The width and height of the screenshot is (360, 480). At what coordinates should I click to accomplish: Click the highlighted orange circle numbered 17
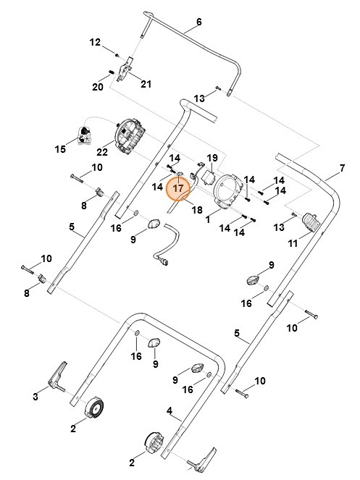[x=179, y=188]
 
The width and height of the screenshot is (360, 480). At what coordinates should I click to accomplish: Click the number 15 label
[x=60, y=149]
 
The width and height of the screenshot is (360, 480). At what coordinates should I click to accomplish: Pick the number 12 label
[x=95, y=43]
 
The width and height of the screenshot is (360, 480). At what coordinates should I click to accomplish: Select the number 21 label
[x=146, y=85]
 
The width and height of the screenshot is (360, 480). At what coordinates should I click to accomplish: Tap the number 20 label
[x=98, y=87]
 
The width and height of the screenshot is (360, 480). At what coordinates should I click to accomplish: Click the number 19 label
[x=212, y=157]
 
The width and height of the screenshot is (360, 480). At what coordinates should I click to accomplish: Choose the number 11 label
[x=293, y=244]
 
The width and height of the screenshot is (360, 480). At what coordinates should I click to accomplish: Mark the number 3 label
[x=34, y=396]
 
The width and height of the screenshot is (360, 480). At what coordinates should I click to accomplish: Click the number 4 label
[x=169, y=411]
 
